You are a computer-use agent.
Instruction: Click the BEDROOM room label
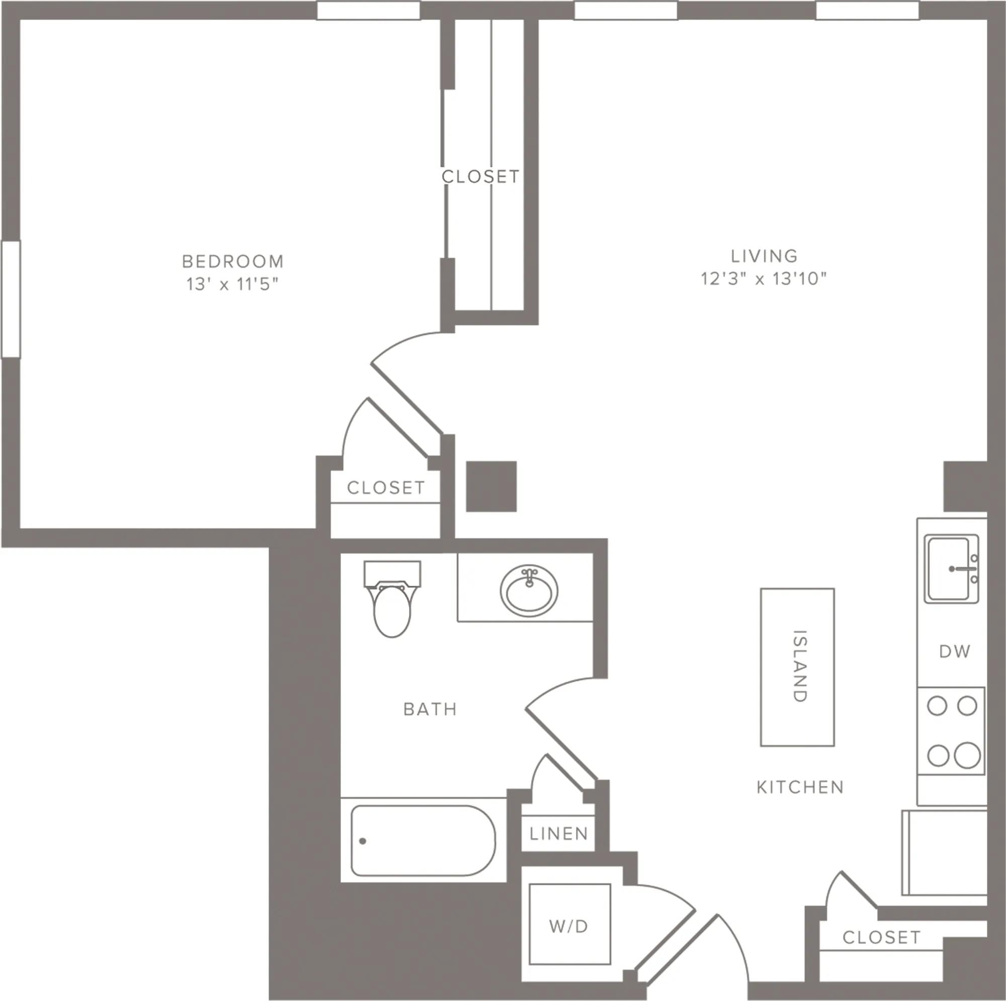pos(233,261)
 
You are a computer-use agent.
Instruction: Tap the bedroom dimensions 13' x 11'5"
pos(233,284)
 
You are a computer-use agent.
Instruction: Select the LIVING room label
pos(764,255)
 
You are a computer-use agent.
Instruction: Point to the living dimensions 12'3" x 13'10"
pos(764,279)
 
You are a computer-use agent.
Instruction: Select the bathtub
pos(423,840)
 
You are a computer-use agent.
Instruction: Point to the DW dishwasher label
pos(955,651)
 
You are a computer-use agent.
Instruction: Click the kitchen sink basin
pos(949,569)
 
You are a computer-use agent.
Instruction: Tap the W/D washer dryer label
pos(568,926)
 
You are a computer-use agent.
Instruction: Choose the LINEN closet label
pos(559,834)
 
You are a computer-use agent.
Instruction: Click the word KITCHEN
pos(800,787)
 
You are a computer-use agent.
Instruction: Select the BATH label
pos(430,709)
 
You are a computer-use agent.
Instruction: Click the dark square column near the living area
pos(491,486)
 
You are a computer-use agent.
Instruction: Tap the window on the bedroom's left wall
pos(11,299)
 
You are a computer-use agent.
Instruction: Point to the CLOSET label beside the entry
pos(881,938)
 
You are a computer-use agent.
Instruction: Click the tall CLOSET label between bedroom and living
pos(480,176)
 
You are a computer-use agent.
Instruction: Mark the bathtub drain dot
pos(362,841)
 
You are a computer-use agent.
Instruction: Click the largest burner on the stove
pos(967,755)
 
